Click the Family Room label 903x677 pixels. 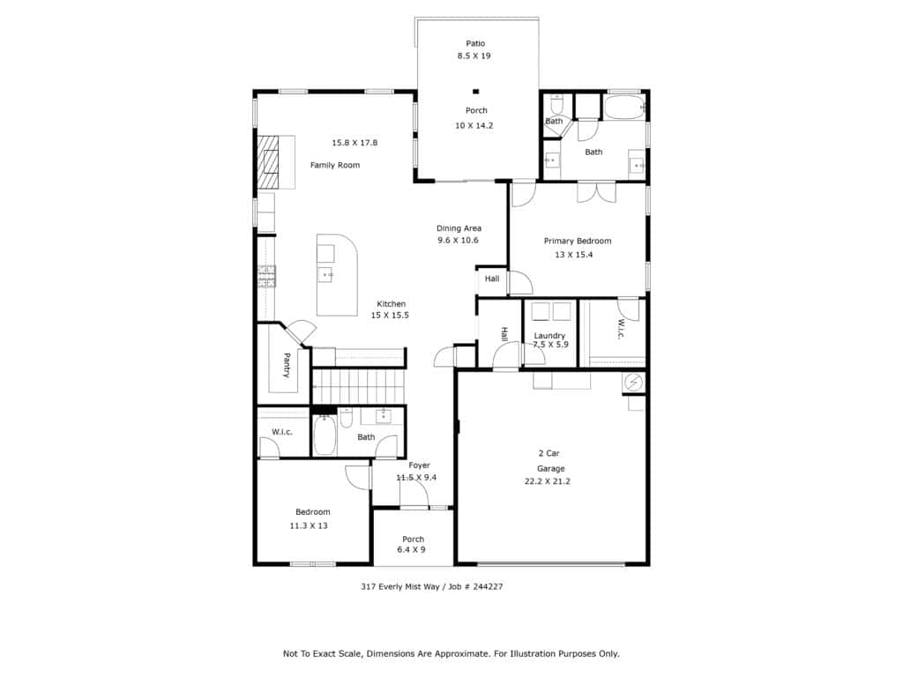(334, 165)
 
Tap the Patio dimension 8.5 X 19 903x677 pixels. (474, 56)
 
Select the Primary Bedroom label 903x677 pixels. (578, 242)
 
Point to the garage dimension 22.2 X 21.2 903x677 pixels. (547, 481)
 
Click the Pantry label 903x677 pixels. (287, 366)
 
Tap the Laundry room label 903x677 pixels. (549, 336)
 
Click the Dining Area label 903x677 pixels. (459, 228)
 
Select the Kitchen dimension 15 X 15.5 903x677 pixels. (390, 316)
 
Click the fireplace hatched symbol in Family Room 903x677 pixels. (268, 162)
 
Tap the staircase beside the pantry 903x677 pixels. (358, 386)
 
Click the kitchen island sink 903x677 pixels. (326, 275)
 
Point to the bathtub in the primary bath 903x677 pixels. (624, 108)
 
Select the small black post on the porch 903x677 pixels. (475, 91)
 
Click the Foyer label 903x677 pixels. (419, 465)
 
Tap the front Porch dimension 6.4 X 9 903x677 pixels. (411, 550)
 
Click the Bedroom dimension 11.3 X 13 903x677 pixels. (309, 525)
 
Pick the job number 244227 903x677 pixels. (487, 586)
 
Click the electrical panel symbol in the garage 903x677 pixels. (633, 383)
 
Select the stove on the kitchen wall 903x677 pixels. (266, 276)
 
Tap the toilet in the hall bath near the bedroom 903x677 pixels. (346, 417)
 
